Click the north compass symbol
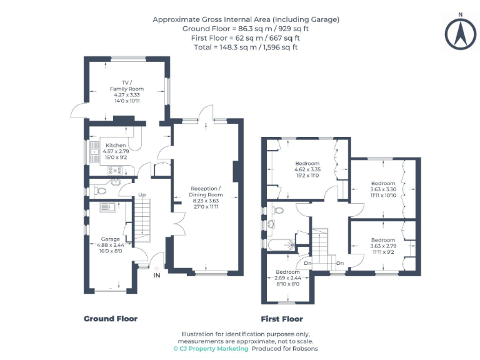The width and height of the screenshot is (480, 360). click(459, 32)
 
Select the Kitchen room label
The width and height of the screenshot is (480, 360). click(116, 146)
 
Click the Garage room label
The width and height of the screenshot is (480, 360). click(110, 238)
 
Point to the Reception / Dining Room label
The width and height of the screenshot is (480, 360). click(205, 191)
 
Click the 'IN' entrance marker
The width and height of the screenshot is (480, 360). click(157, 274)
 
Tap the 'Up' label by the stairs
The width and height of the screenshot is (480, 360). click(142, 195)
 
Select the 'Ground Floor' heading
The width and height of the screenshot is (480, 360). click(111, 319)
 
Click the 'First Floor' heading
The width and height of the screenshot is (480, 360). click(282, 319)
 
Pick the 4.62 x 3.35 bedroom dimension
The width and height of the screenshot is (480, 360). click(307, 169)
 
